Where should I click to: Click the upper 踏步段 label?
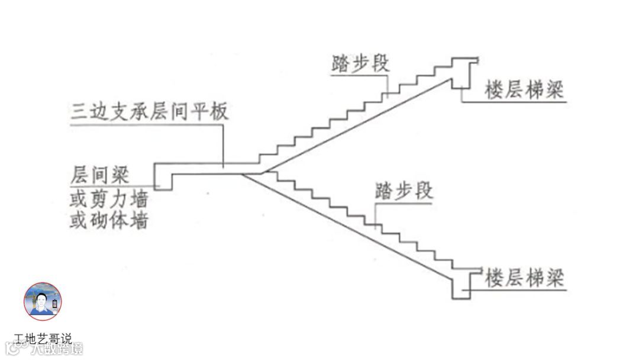click(x=361, y=63)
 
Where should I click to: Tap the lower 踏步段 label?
click(x=404, y=191)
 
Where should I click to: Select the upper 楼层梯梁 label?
click(x=524, y=91)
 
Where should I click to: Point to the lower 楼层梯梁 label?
click(x=524, y=278)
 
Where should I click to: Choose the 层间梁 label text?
click(x=99, y=175)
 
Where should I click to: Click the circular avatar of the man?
click(x=43, y=301)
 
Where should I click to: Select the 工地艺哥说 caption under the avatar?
click(x=43, y=339)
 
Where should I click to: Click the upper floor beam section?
click(x=464, y=74)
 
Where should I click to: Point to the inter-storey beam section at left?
click(x=163, y=176)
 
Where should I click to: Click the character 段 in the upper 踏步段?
click(x=380, y=63)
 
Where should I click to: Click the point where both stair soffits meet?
click(x=244, y=174)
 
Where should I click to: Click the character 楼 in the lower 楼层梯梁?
click(x=495, y=278)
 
